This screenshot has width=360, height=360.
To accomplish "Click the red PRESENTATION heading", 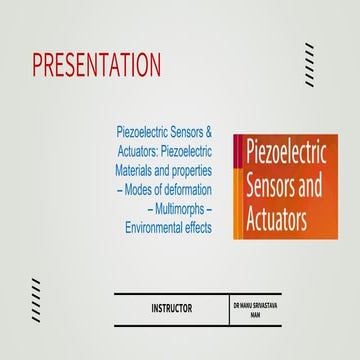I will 96,65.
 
